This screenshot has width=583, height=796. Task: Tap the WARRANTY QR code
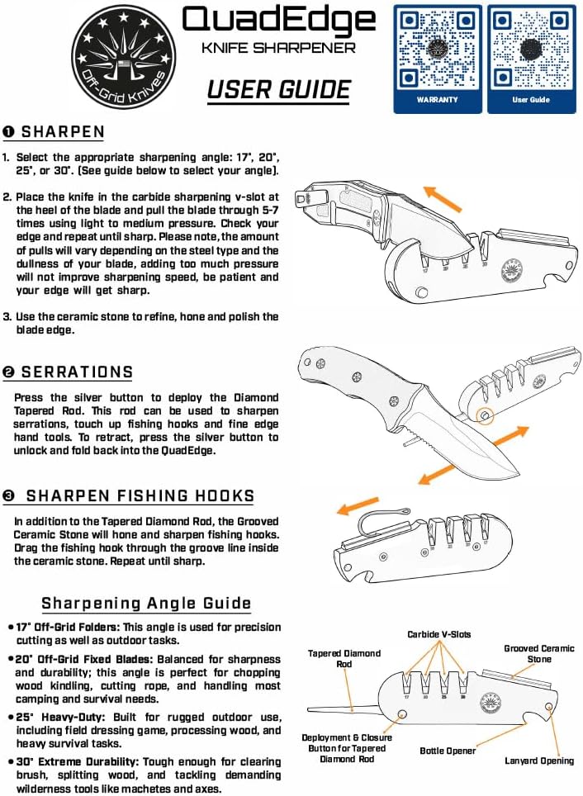pos(437,50)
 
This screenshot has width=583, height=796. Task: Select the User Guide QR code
pos(530,50)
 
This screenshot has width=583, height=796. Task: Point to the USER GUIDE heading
pos(279,89)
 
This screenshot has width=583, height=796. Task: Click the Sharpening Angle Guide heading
pos(146,604)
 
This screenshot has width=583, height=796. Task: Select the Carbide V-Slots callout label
pos(438,634)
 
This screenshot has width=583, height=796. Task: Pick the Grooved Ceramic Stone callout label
pos(539,653)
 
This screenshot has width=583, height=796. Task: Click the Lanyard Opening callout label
pos(539,760)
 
